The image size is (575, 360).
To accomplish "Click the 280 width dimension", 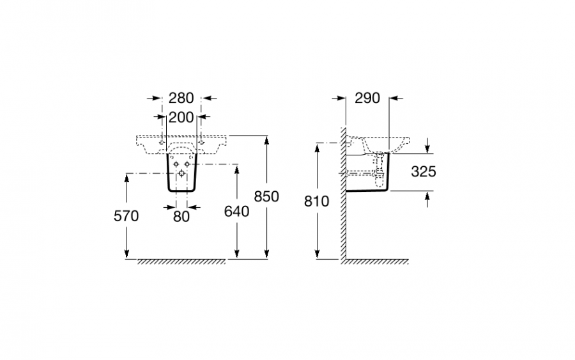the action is [181, 98].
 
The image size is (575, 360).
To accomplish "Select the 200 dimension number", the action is [181, 118].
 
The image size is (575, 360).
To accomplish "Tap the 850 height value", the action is [266, 197].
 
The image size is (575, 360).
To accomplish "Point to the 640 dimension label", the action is [236, 212].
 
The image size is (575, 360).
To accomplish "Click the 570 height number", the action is [126, 216].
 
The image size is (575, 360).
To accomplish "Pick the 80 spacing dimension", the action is [181, 217].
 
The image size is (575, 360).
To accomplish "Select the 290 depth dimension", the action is [367, 98].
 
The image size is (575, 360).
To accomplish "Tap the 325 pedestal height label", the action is [424, 171].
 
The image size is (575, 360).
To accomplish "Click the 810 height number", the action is [317, 201].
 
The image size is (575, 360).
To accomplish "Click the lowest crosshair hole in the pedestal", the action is [181, 173].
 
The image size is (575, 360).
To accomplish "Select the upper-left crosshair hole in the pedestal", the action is [176, 164].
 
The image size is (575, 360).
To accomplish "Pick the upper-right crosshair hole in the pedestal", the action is [187, 164].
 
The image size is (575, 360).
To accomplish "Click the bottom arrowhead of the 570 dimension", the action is [126, 254].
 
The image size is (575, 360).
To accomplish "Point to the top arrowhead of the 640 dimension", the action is [237, 169].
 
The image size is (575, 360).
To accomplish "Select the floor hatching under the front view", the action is [182, 262].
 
